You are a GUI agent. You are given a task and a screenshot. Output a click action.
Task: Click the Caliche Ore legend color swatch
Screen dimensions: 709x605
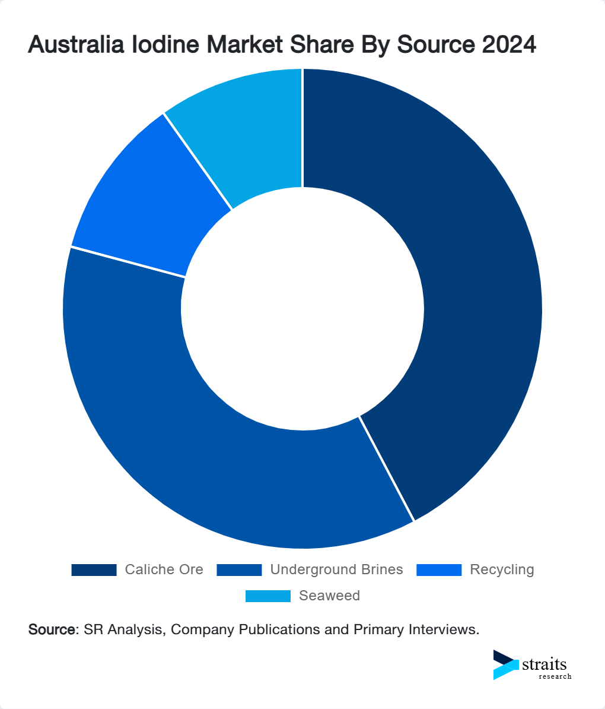(94, 570)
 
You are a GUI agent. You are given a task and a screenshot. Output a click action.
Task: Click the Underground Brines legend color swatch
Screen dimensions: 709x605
(239, 570)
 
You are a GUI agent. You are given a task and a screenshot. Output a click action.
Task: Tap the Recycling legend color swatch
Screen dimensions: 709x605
(438, 570)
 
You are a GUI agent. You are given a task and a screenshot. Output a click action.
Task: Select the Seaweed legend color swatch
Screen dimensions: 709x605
(268, 596)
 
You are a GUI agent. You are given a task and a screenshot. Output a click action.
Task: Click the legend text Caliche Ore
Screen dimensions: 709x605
(164, 570)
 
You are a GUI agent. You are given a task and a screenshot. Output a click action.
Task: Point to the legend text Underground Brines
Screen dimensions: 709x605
(336, 570)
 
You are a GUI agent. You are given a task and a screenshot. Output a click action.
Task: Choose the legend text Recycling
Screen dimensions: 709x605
(502, 570)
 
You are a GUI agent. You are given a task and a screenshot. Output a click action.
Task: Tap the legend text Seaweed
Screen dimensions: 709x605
(329, 596)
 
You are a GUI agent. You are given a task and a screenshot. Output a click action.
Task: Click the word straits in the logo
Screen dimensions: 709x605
(544, 664)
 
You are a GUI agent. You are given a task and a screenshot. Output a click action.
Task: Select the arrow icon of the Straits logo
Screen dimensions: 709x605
(505, 664)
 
